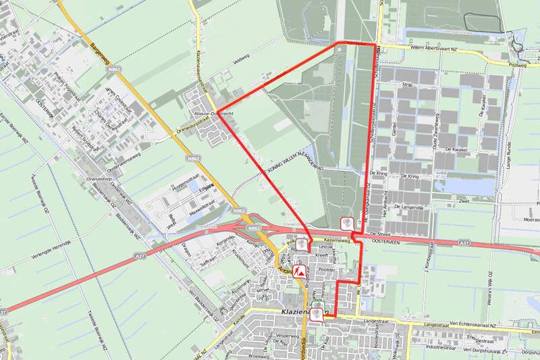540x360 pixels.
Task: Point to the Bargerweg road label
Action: (99, 47)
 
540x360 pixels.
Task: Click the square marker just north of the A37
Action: (347, 224)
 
